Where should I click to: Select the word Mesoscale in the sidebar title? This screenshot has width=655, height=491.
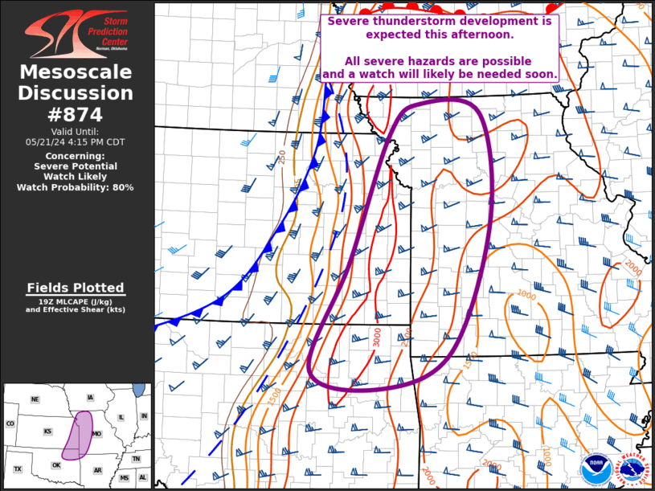76,73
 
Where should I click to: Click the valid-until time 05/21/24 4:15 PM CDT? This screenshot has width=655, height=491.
76,141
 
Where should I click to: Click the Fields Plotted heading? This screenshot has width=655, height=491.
76,288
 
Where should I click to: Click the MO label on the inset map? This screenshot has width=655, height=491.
96,434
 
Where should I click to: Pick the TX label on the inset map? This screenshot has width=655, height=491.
18,468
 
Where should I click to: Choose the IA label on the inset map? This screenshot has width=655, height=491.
90,398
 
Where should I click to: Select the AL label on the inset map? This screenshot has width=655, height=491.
142,477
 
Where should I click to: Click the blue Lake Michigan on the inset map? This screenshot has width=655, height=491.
140,390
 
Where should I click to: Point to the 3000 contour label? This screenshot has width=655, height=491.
377,337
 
